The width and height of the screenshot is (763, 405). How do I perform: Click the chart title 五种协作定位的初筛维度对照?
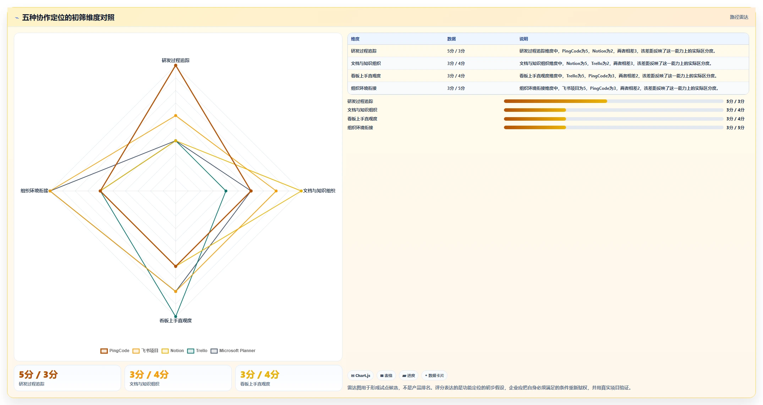[68, 17]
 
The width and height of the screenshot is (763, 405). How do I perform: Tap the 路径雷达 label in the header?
[739, 17]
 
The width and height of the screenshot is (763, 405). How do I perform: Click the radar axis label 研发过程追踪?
[176, 60]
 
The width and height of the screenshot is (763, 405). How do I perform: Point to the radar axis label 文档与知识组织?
[319, 191]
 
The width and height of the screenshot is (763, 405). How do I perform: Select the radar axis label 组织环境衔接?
[34, 191]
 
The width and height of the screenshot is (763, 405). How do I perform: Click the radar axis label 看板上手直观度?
[176, 321]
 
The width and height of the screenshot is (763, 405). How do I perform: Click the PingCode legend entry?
[115, 351]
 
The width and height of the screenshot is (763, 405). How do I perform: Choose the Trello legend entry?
[197, 351]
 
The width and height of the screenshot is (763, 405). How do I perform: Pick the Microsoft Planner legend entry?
[233, 351]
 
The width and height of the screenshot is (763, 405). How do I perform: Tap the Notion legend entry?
[173, 351]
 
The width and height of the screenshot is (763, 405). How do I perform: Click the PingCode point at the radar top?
[176, 65]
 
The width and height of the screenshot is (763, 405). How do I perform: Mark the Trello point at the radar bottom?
[176, 316]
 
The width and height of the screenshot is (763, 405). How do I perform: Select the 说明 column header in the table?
[523, 39]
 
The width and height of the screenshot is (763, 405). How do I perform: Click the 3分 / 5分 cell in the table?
[456, 88]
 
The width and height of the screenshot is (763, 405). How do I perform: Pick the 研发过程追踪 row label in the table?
[364, 51]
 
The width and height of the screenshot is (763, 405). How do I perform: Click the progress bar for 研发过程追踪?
[613, 101]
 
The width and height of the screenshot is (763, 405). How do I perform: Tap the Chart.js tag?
[361, 376]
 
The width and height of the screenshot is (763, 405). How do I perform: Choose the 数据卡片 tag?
[434, 376]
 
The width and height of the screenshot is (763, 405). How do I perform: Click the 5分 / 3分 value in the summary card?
[38, 374]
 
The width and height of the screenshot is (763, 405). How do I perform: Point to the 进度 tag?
[408, 376]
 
